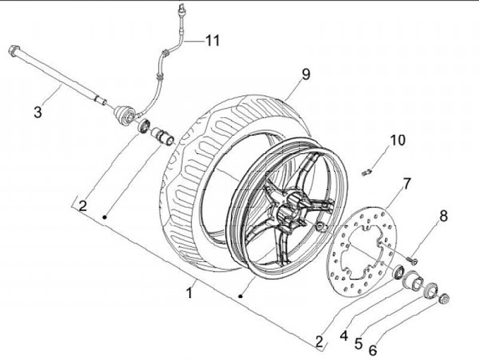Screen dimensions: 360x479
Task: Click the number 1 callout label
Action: (190, 291)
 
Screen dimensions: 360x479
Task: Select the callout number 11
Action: (212, 41)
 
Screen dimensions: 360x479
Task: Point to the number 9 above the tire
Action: (305, 75)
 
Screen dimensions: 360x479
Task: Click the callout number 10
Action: (397, 141)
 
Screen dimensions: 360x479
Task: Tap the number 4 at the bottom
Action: (343, 337)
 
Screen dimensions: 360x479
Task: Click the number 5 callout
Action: (359, 344)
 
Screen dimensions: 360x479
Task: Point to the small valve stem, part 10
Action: (366, 172)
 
